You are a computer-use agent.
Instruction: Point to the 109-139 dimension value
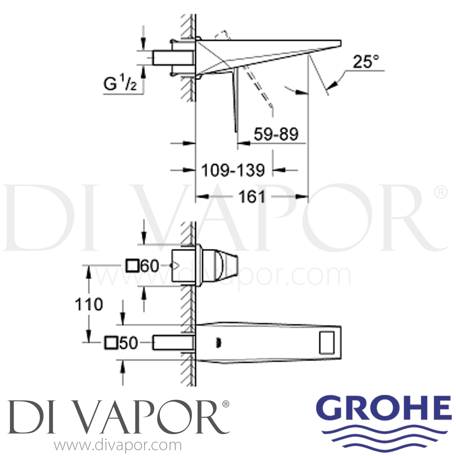pos(233,170)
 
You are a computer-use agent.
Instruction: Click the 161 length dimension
pos(252,197)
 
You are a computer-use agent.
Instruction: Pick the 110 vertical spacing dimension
pos(89,304)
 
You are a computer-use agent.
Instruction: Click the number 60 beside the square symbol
pos(150,266)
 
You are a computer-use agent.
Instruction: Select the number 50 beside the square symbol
pos(128,343)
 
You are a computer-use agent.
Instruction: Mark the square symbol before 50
pos(111,343)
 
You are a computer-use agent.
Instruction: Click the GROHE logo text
pos(383,408)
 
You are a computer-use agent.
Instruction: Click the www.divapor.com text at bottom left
pos(118,446)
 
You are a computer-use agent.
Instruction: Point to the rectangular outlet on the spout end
pos(327,343)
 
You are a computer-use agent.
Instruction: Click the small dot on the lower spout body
pos(217,344)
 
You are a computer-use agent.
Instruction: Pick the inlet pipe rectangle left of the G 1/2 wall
pos(173,58)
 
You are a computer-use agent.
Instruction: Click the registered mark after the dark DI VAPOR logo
pos(226,404)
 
